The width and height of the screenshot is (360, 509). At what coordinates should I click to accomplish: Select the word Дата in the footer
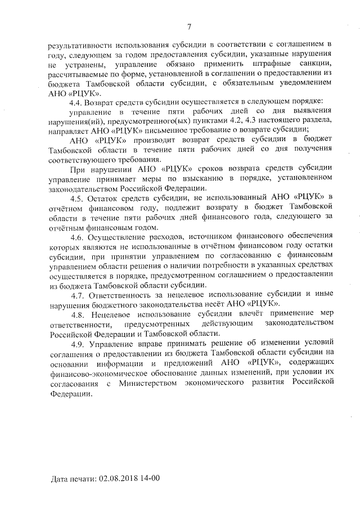(59, 480)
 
